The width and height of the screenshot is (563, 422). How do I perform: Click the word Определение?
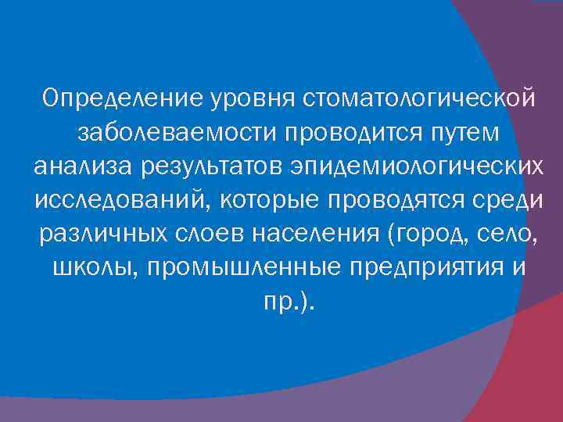tap(124, 100)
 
